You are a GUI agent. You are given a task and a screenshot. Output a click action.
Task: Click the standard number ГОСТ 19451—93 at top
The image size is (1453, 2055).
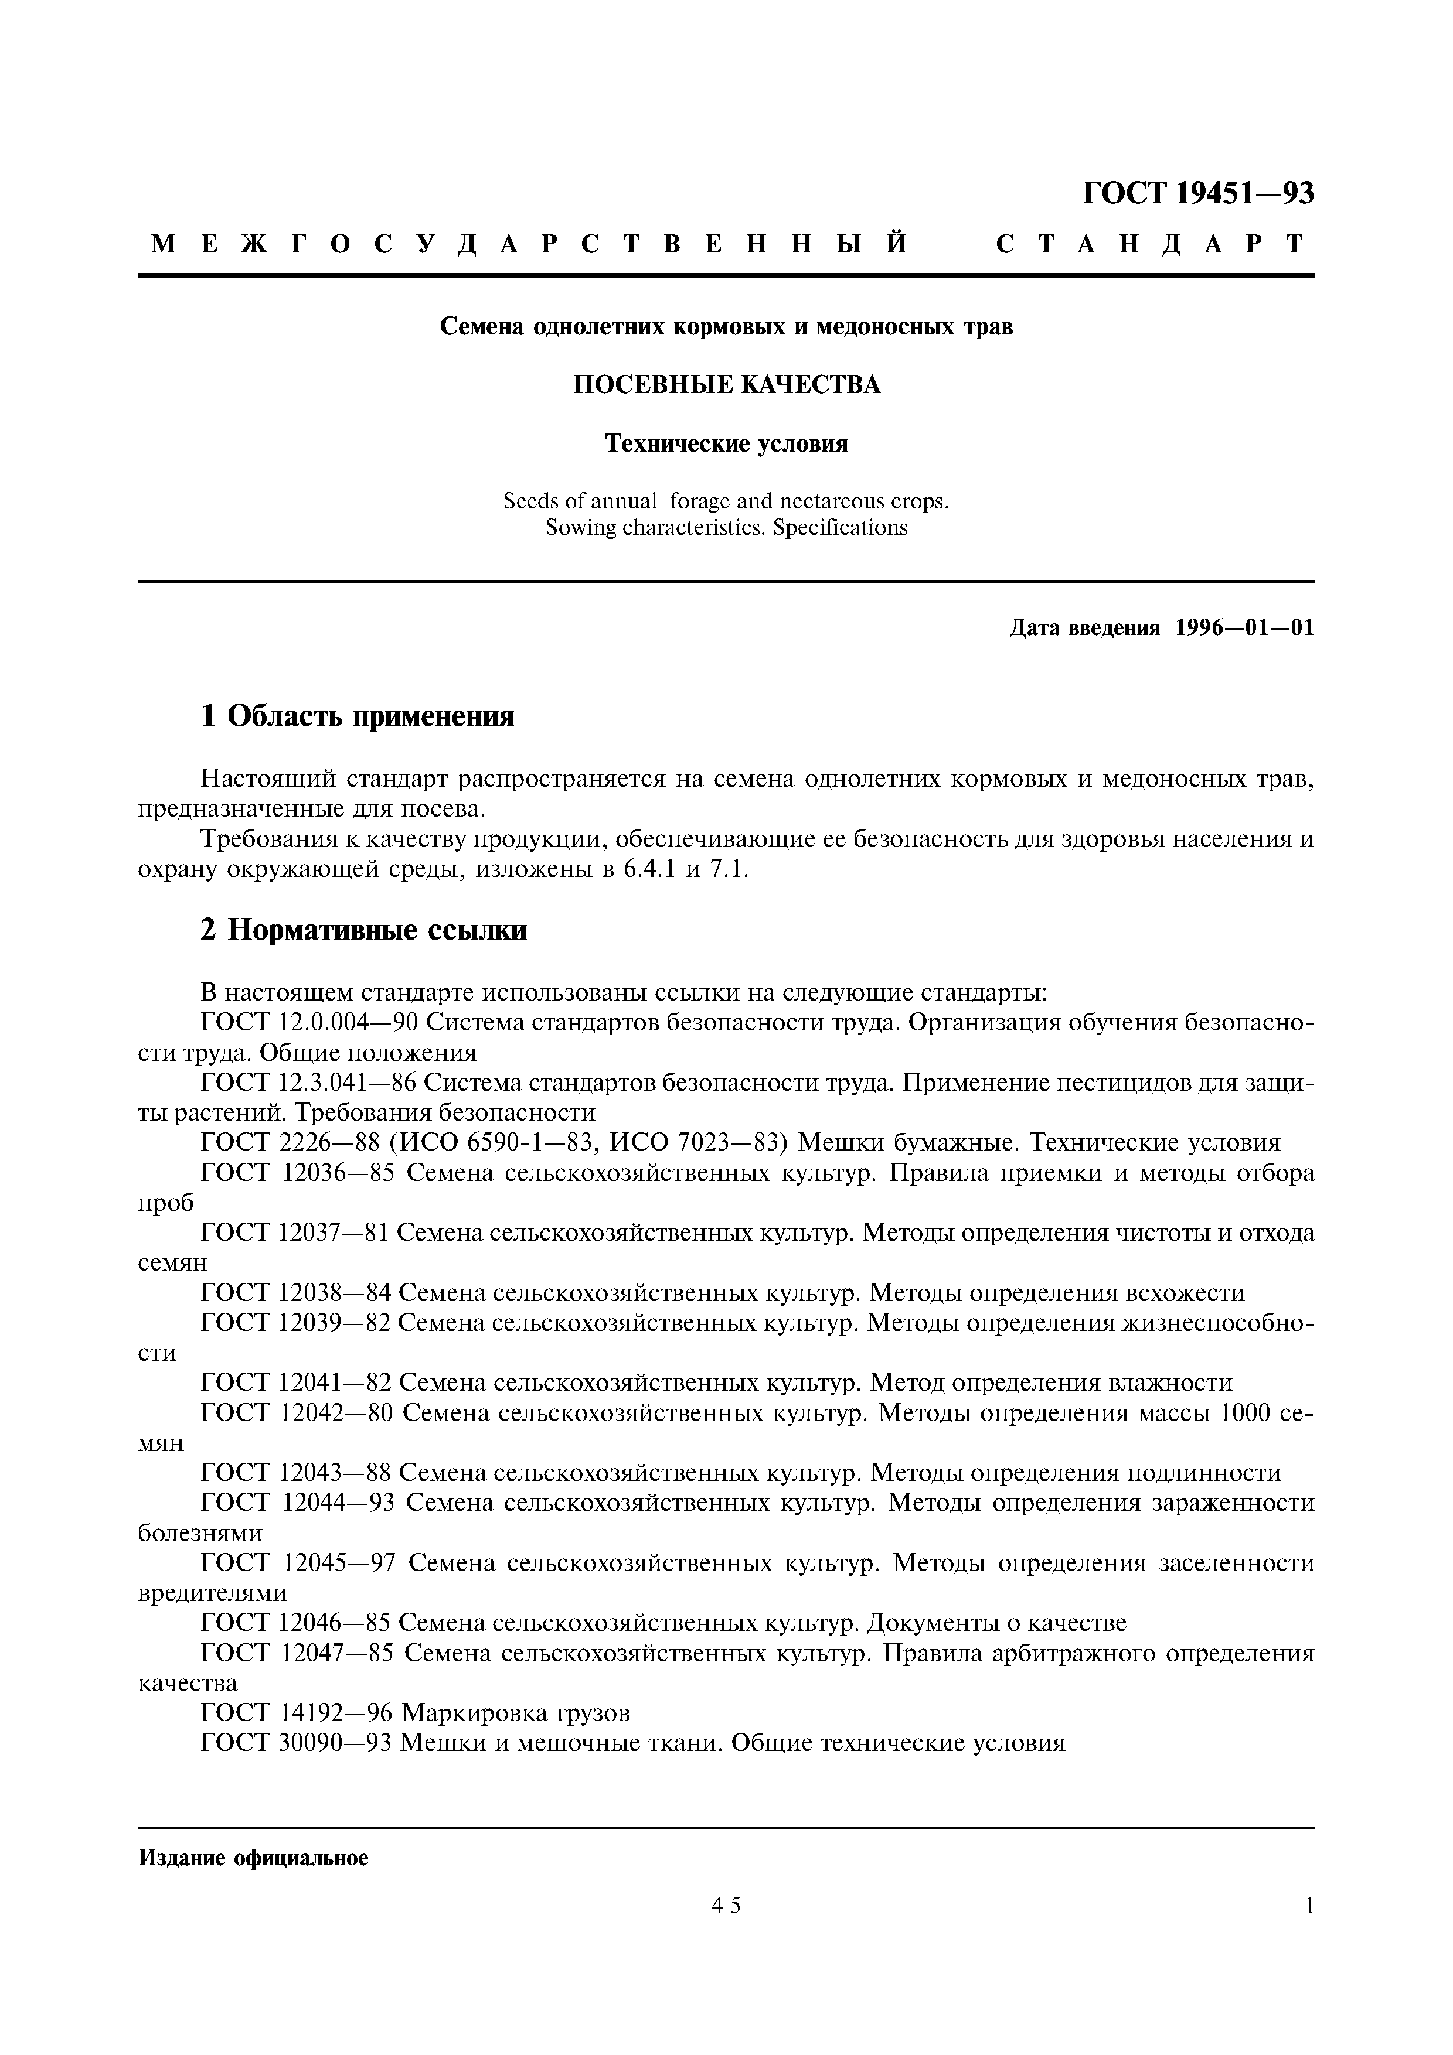(1198, 193)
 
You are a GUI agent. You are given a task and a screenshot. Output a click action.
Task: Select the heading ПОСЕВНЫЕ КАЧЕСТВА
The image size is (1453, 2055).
(726, 385)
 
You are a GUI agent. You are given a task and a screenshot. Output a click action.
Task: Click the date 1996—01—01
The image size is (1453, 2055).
(1244, 627)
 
